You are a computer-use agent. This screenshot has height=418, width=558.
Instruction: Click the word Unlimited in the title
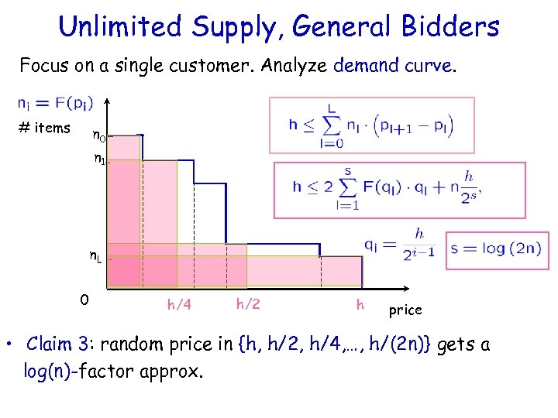pyautogui.click(x=121, y=27)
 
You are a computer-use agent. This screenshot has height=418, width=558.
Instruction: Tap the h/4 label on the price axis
pyautogui.click(x=179, y=305)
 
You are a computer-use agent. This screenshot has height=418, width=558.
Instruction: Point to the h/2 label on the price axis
pyautogui.click(x=247, y=304)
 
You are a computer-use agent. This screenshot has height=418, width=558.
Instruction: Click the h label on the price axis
pyautogui.click(x=360, y=304)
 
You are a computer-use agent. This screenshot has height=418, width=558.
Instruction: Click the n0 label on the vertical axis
pyautogui.click(x=99, y=137)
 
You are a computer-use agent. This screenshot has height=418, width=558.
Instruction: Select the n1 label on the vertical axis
pyautogui.click(x=99, y=160)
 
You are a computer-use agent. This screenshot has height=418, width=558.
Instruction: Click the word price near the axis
pyautogui.click(x=405, y=310)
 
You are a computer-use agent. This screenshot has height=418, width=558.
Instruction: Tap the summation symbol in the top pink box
pyautogui.click(x=332, y=125)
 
